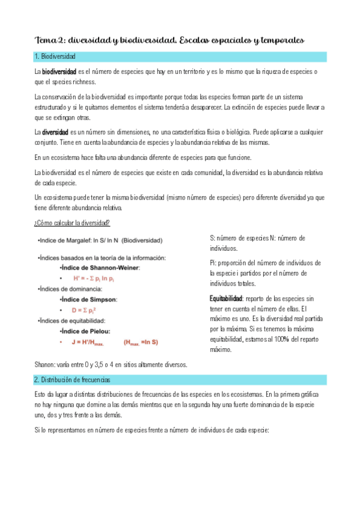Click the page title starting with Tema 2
click(169, 40)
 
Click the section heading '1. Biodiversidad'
click(55, 57)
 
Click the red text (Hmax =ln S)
click(141, 342)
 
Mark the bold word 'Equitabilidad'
click(226, 298)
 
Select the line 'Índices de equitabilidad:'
click(72, 321)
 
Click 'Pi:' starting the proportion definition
click(213, 263)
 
